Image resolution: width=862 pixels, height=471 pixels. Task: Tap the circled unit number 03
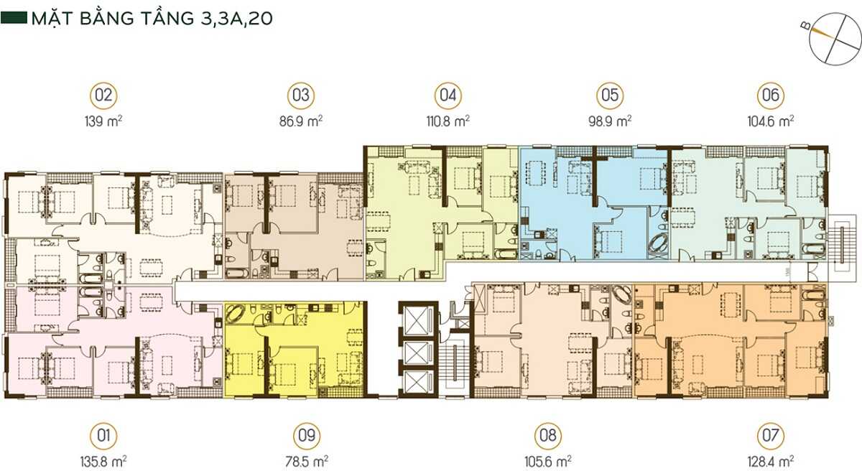[x=301, y=95]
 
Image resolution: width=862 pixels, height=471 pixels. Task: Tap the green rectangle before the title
[x=14, y=19]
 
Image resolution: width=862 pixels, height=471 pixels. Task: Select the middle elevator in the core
[x=416, y=351]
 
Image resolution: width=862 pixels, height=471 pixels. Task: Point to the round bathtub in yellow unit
[x=238, y=314]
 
